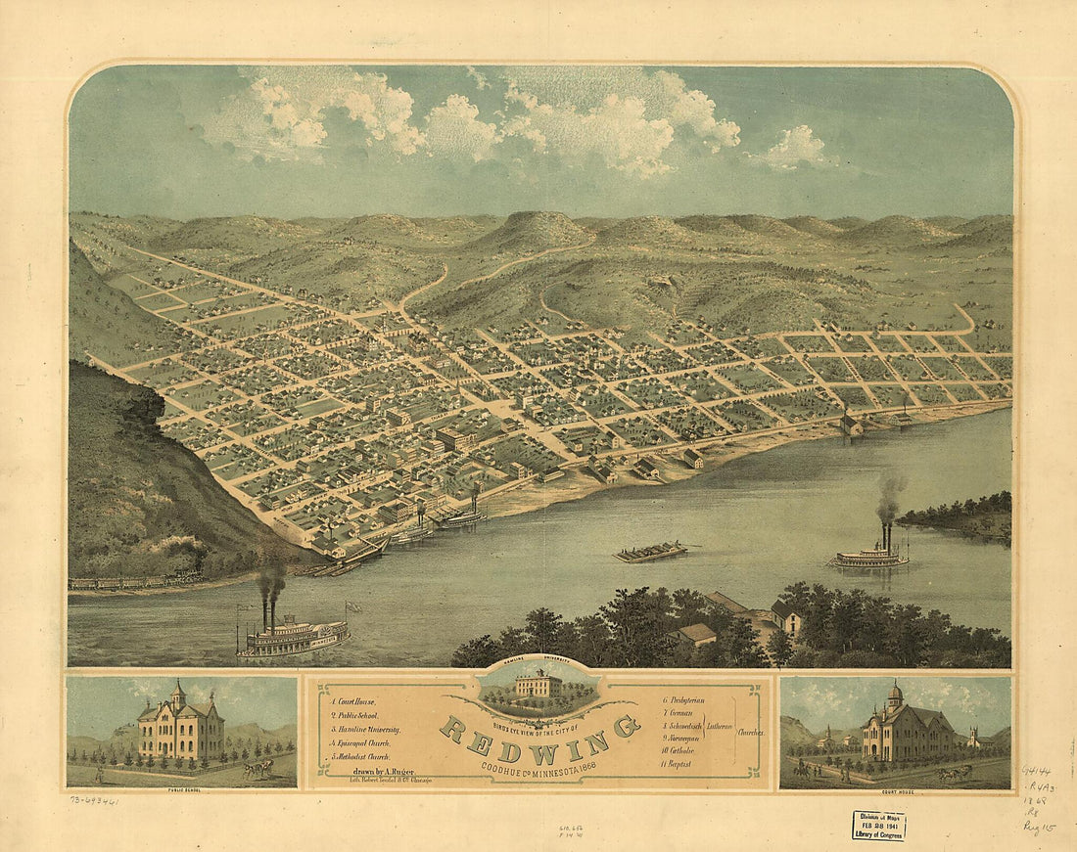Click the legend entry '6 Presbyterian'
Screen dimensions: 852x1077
[684, 700]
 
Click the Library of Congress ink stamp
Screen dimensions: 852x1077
[878, 826]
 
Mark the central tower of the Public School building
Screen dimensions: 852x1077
[178, 696]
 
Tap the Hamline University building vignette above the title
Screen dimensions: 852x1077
[537, 685]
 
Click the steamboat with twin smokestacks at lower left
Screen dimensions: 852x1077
[292, 636]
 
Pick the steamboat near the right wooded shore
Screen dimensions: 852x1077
[869, 556]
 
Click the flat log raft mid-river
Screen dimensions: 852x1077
[650, 552]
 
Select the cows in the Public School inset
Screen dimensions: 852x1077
[258, 769]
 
